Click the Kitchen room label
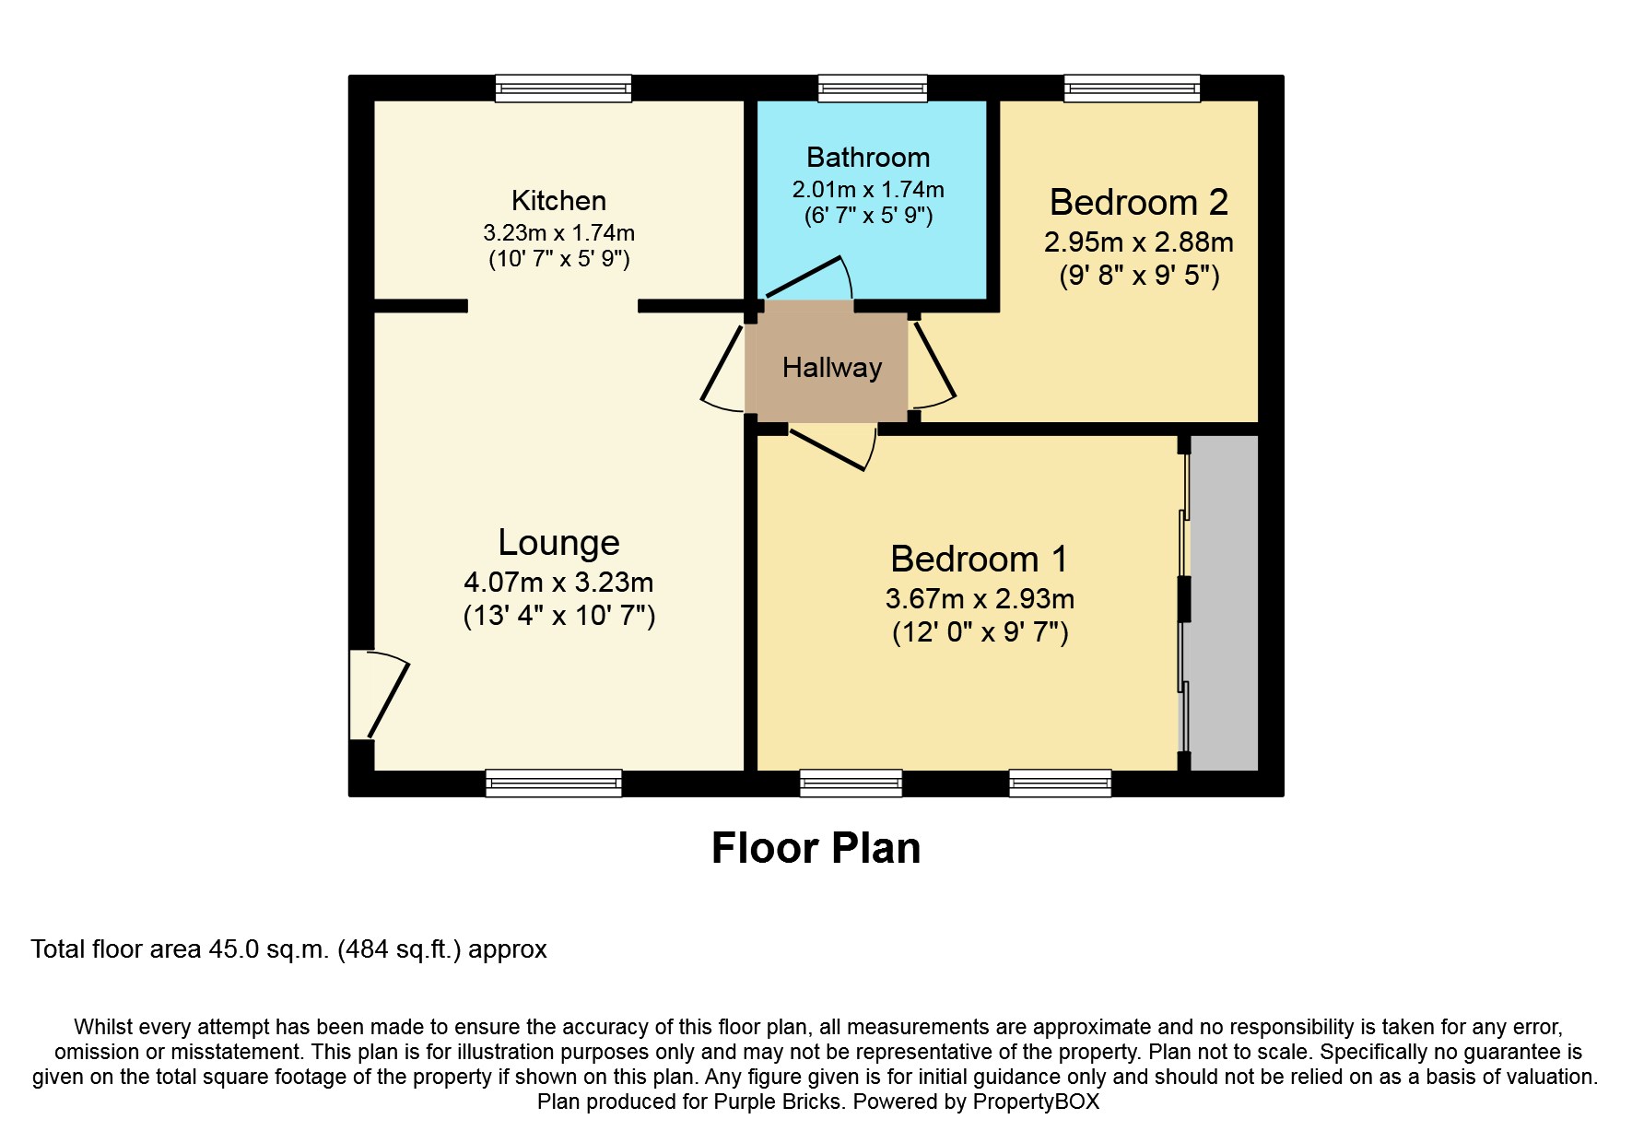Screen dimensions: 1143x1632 pos(558,200)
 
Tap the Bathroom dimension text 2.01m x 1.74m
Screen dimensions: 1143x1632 pos(868,190)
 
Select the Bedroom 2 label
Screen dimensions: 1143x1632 pos(1139,202)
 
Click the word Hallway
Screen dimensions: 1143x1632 pos(832,368)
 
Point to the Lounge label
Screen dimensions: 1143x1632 pos(558,542)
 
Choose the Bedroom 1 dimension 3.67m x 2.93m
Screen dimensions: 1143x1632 pos(980,599)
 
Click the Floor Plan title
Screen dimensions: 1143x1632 pos(816,848)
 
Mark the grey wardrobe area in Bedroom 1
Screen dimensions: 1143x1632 pos(1224,604)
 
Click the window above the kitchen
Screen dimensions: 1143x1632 pos(563,88)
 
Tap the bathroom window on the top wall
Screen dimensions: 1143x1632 pos(873,88)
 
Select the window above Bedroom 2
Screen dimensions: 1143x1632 pos(1132,88)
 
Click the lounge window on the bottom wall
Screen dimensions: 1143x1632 pos(553,784)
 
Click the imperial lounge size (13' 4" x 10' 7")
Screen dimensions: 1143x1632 pos(558,616)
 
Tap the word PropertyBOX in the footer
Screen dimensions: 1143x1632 pos(1036,1102)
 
